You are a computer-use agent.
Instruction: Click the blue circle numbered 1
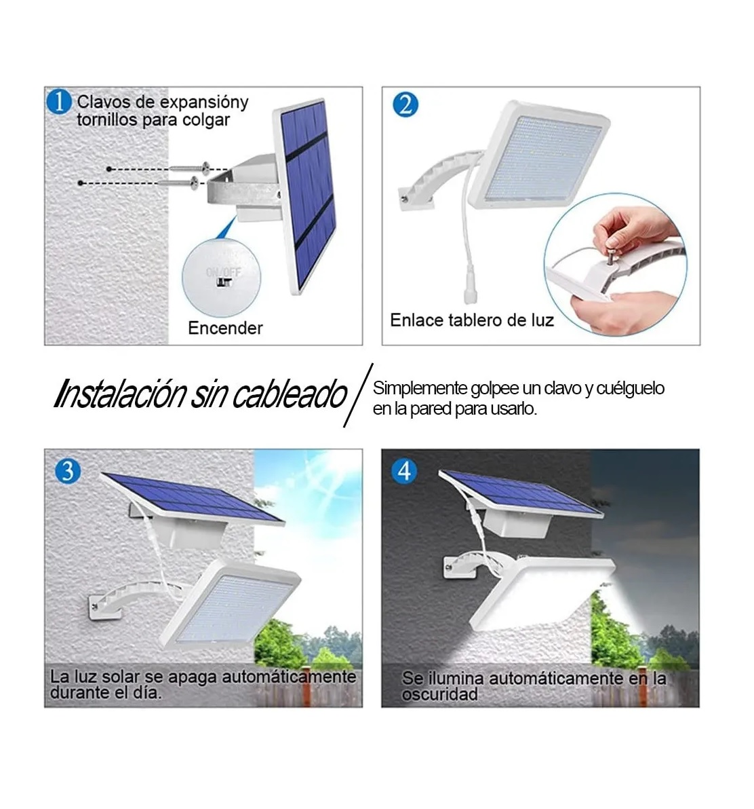point(60,102)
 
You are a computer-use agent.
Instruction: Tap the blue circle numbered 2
point(405,105)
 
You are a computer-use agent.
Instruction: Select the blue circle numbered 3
point(66,470)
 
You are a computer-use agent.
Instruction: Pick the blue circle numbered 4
point(405,470)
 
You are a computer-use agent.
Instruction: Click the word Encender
point(225,328)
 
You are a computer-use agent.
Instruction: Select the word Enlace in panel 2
point(416,320)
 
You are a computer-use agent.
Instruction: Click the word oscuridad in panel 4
point(440,694)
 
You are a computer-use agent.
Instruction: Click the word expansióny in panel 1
point(205,102)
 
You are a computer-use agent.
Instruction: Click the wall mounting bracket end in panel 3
point(97,603)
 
